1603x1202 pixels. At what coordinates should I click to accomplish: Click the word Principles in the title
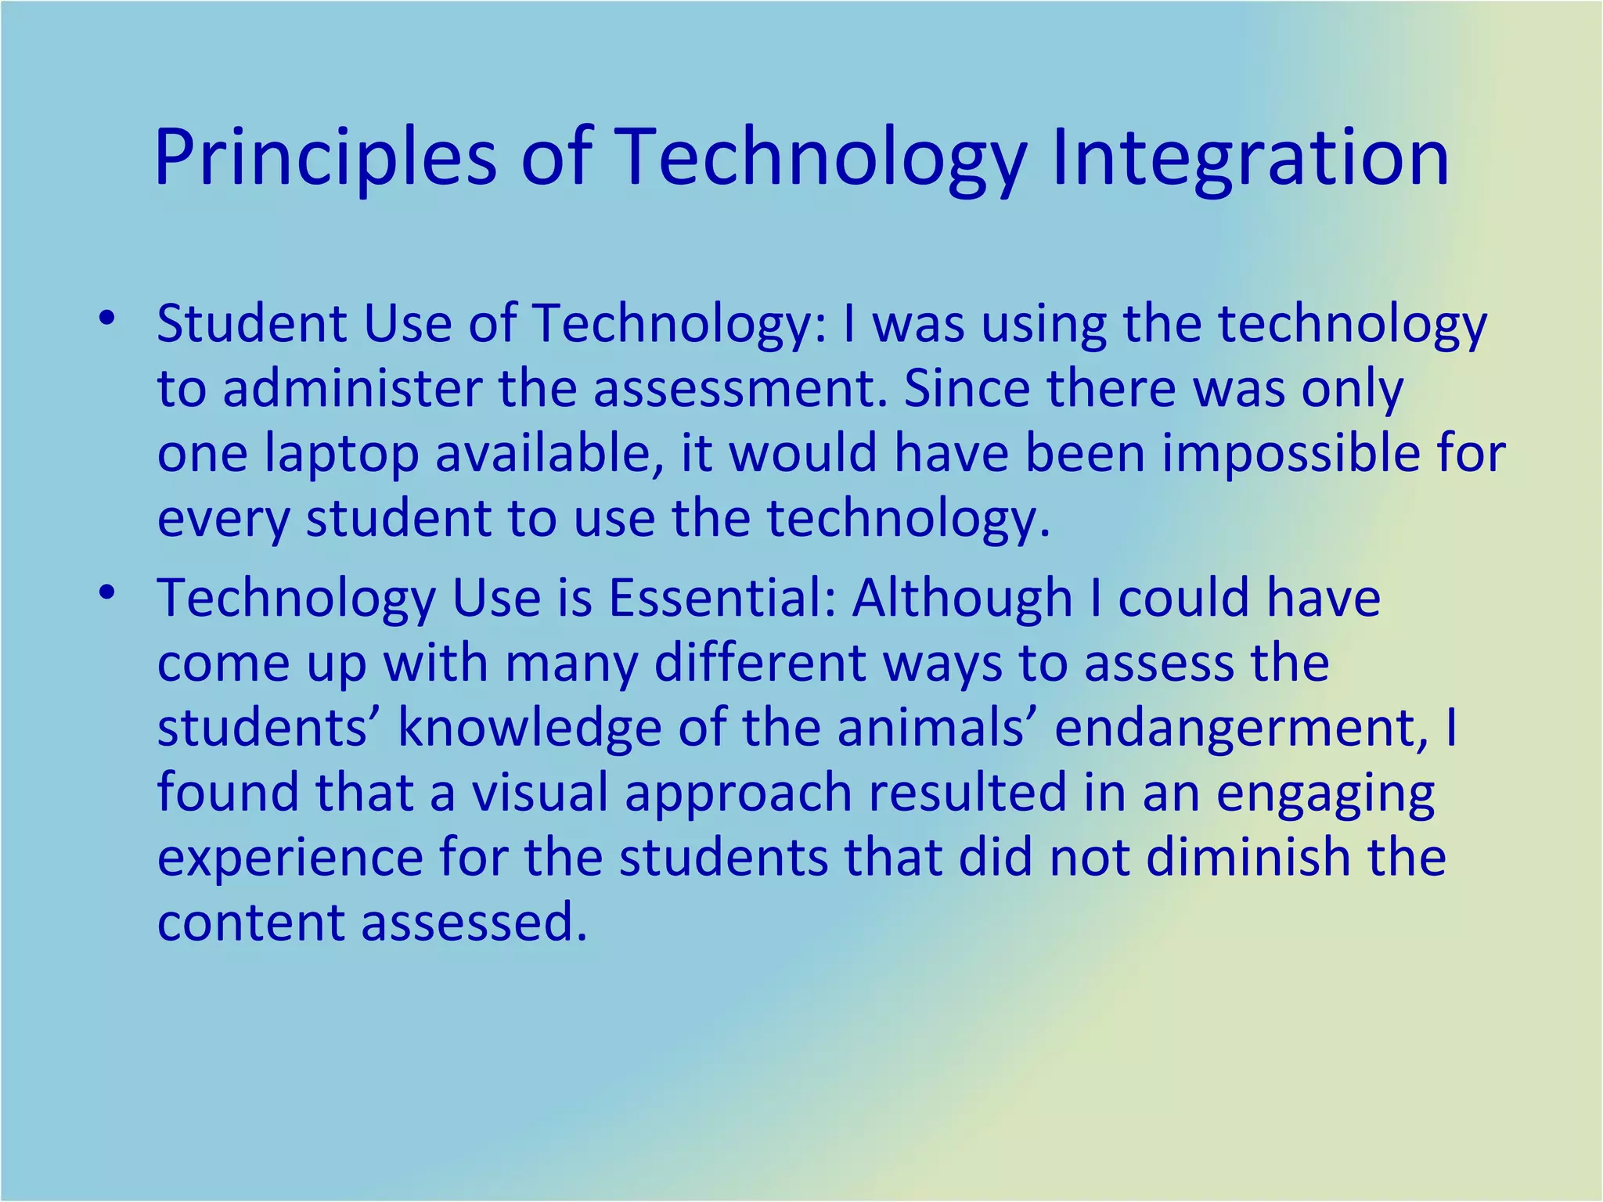click(x=325, y=159)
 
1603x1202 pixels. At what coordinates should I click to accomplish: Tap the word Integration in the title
click(x=1250, y=159)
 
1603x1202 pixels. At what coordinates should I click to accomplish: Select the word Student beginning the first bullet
click(x=251, y=324)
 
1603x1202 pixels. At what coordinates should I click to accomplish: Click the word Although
click(x=961, y=599)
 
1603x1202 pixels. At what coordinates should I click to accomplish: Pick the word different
click(x=759, y=664)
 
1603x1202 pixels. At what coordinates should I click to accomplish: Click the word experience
click(x=290, y=858)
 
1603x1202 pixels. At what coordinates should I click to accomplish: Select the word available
click(x=549, y=454)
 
